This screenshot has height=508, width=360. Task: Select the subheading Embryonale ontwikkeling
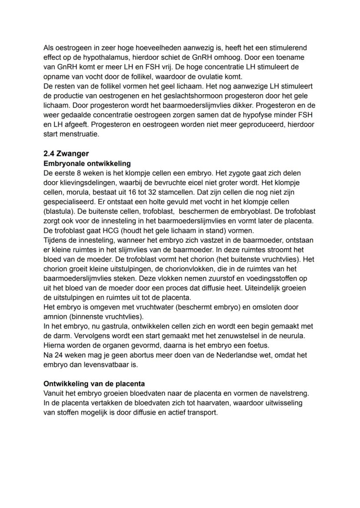(x=87, y=164)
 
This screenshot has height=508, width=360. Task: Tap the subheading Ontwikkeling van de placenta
(x=94, y=384)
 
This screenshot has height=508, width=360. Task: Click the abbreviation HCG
(x=107, y=230)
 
